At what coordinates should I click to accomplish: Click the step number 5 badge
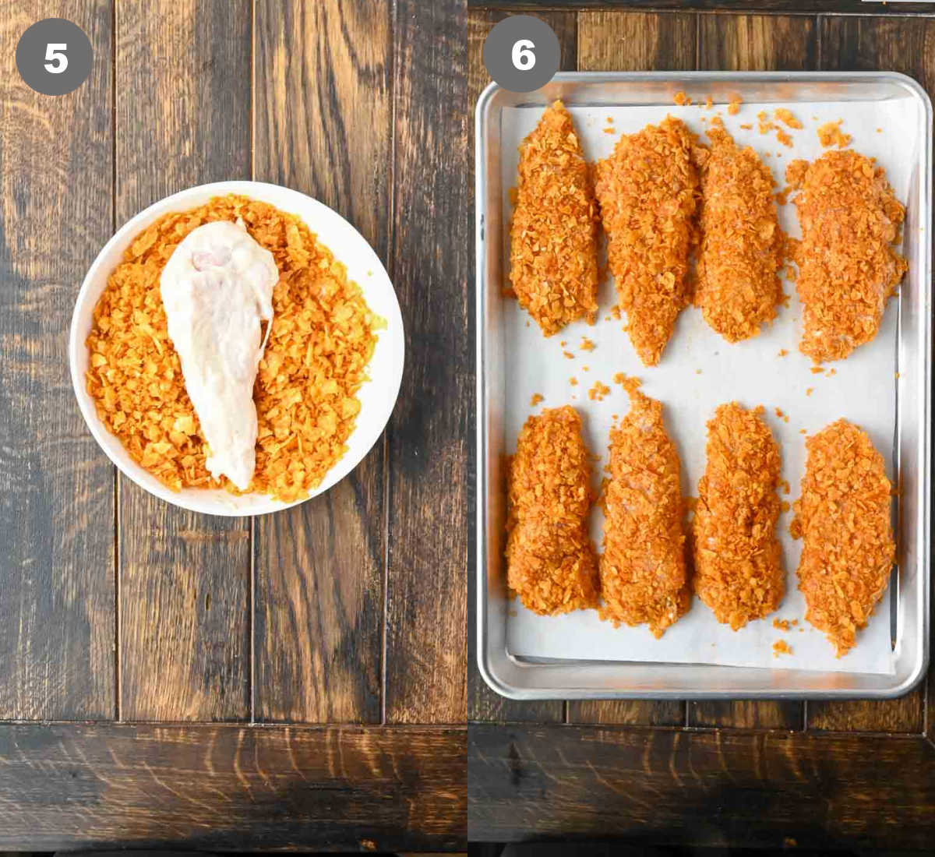(x=55, y=57)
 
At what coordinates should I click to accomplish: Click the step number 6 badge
(x=521, y=55)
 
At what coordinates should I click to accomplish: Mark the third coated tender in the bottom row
(x=739, y=514)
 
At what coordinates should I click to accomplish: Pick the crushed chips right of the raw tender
(x=319, y=351)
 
